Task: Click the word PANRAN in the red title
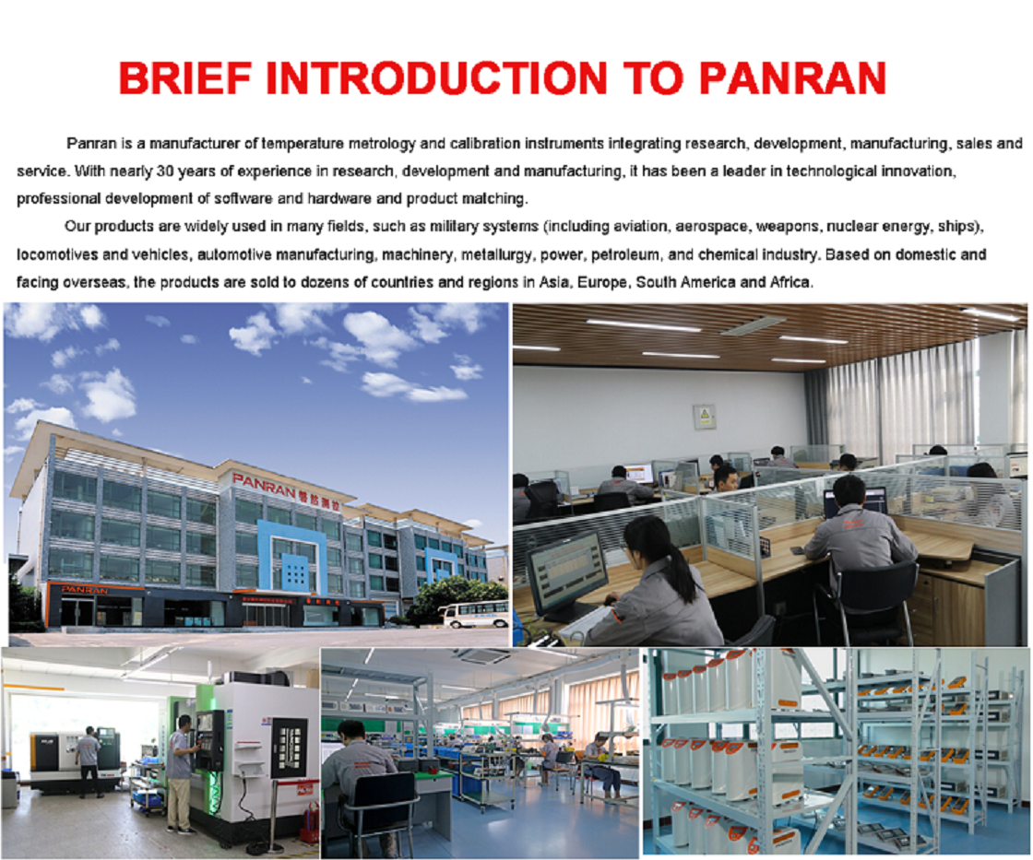tap(792, 78)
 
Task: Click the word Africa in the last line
tap(792, 282)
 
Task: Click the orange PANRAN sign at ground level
tap(85, 590)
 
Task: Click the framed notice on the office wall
tap(704, 417)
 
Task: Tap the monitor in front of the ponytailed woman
tap(567, 574)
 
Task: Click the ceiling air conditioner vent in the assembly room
tap(484, 656)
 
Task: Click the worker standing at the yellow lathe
tap(87, 764)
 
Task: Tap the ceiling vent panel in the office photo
tap(754, 325)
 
